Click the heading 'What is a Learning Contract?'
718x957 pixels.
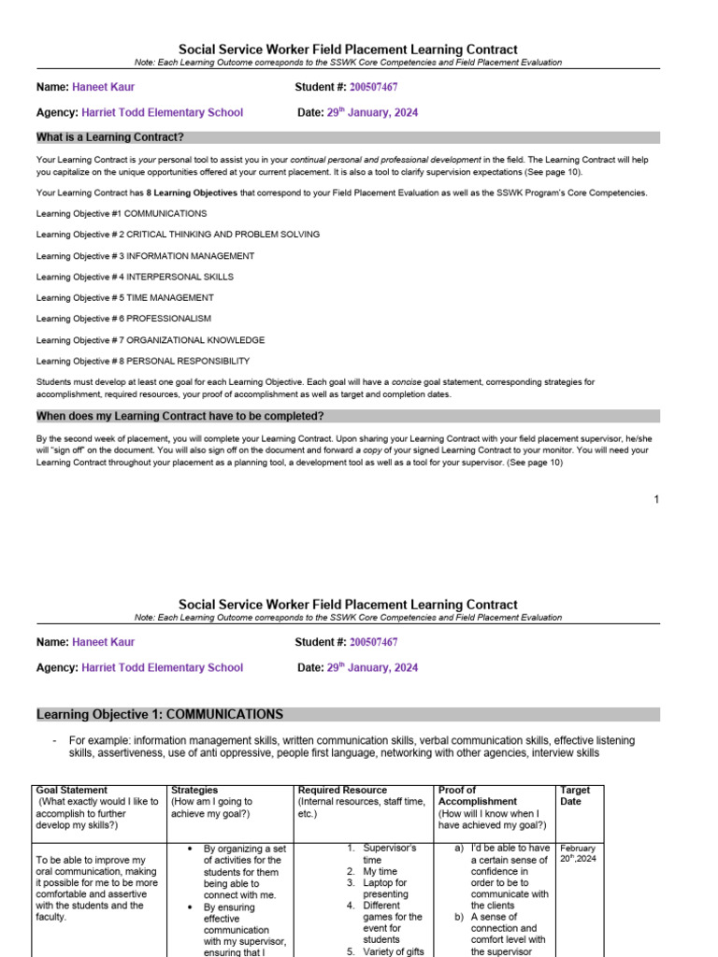(110, 137)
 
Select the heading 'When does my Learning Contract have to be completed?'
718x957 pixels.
(180, 416)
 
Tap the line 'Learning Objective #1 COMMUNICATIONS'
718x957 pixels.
(122, 214)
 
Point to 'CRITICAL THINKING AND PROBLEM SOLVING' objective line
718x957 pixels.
(178, 235)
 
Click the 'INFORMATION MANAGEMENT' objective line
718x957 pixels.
(145, 256)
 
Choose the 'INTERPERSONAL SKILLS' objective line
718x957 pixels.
(135, 277)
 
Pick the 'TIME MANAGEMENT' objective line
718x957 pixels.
(124, 298)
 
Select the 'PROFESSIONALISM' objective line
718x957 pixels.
(123, 319)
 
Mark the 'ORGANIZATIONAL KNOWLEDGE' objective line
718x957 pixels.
(151, 340)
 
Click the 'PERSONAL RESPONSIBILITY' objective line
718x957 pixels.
(143, 361)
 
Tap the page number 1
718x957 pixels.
(656, 499)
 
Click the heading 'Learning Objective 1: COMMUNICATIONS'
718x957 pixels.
(160, 715)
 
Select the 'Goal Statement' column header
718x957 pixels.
(71, 790)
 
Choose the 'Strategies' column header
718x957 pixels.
(194, 790)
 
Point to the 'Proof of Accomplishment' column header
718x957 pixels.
(478, 795)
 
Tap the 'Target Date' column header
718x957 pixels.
(575, 795)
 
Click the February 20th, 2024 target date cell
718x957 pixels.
(578, 853)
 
